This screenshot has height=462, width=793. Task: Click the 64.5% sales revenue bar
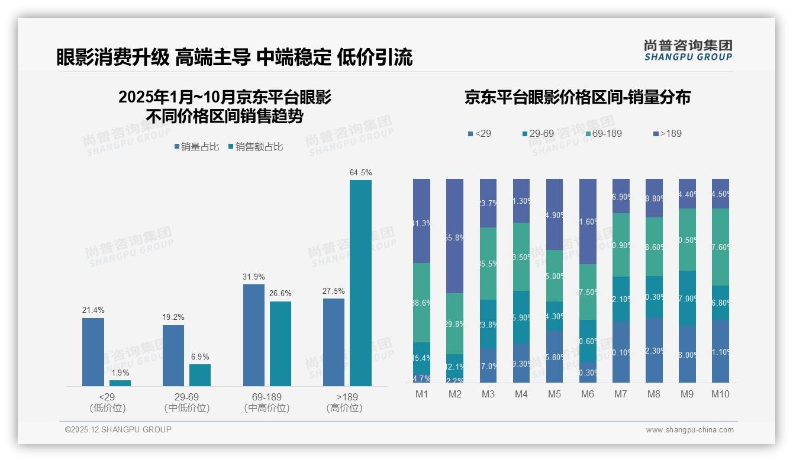tap(360, 283)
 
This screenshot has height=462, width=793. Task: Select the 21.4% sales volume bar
tap(93, 352)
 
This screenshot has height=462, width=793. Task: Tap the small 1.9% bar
tap(120, 383)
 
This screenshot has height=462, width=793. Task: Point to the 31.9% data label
tap(254, 277)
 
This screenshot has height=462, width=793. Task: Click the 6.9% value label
tap(200, 357)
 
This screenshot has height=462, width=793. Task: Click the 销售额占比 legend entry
tap(255, 147)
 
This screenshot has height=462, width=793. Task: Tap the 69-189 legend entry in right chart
tap(603, 133)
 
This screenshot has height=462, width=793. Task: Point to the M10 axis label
tap(720, 394)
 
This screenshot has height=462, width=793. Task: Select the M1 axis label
tap(422, 394)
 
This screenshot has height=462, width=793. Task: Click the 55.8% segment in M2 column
tap(454, 236)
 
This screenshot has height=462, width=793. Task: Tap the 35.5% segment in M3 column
tap(488, 264)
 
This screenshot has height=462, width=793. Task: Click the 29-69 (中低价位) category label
tap(187, 402)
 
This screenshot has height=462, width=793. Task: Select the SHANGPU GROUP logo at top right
tap(688, 50)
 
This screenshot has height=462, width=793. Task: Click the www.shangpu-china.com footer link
tap(689, 430)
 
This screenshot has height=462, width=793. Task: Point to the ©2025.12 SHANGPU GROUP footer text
tap(118, 429)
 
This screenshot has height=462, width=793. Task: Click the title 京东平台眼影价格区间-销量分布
tap(577, 98)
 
